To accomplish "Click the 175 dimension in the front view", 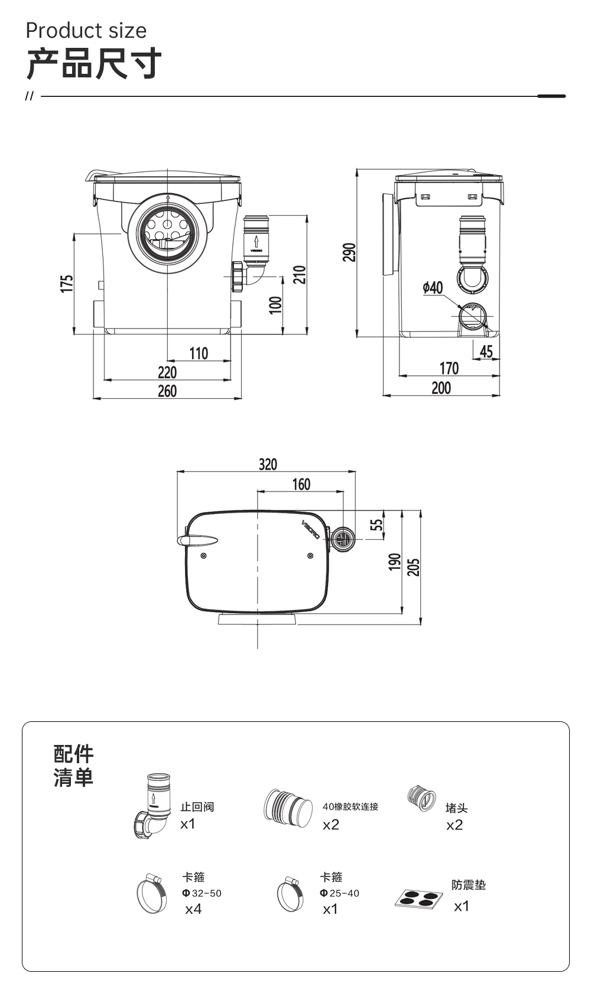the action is click(x=67, y=284).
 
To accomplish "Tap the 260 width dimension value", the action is click(x=167, y=391).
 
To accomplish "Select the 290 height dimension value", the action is click(x=349, y=252).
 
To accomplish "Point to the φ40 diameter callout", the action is click(x=433, y=288).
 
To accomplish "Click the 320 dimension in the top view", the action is click(x=268, y=464).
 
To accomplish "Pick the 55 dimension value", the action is click(x=376, y=525).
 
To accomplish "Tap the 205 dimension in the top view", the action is click(x=414, y=567).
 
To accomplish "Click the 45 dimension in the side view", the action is click(x=486, y=351).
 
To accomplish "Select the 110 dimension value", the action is click(x=199, y=353).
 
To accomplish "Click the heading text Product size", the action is click(x=86, y=31).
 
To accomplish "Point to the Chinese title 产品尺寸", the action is click(x=94, y=64).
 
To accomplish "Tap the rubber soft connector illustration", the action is click(x=288, y=808).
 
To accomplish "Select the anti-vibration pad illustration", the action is click(x=419, y=899).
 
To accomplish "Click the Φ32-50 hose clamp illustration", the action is click(x=152, y=893).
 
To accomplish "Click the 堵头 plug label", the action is click(x=457, y=808).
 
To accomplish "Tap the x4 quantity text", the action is click(x=193, y=909).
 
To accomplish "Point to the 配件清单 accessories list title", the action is click(x=73, y=766).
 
